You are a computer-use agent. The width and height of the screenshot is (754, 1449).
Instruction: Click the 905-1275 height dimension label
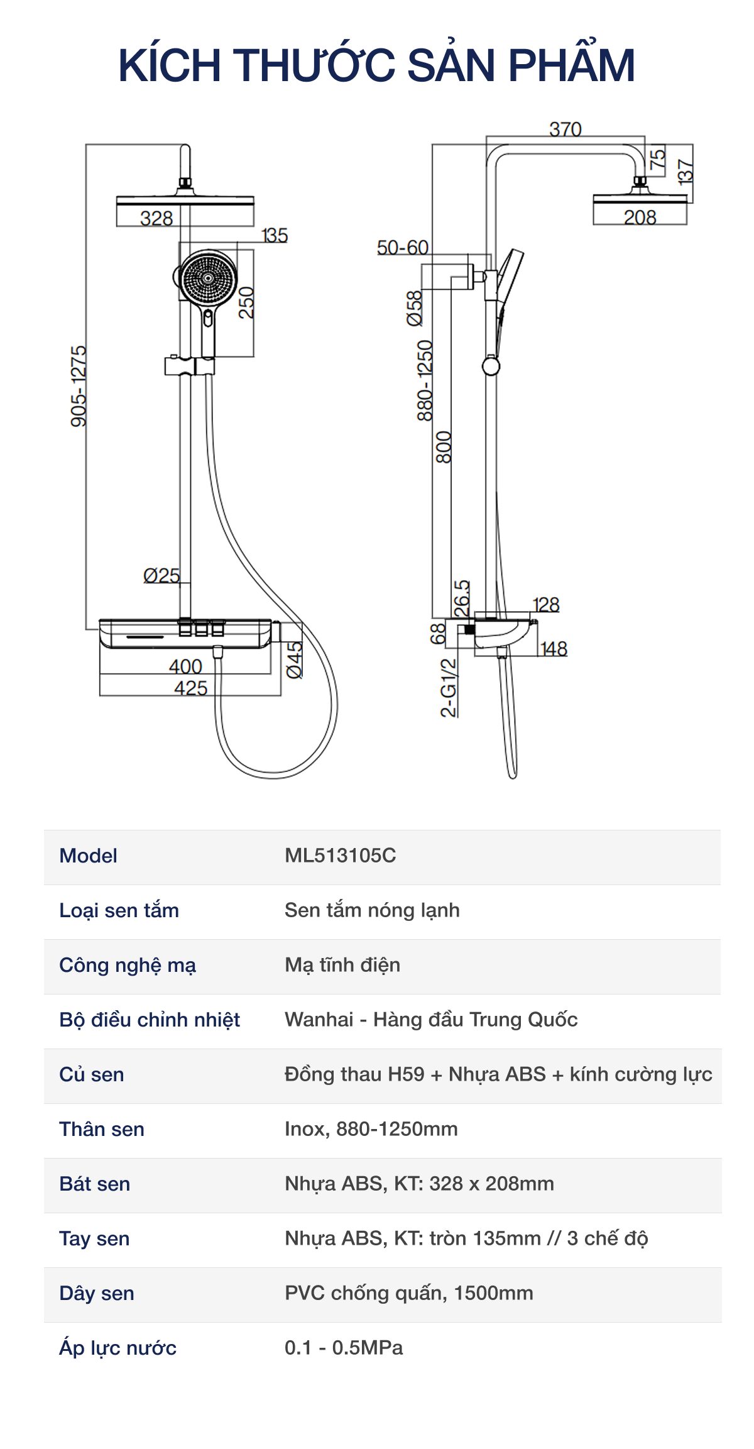point(79,386)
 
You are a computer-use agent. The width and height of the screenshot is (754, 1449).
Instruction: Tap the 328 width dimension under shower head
point(156,218)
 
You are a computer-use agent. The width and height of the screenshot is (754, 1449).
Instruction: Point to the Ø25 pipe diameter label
point(161,575)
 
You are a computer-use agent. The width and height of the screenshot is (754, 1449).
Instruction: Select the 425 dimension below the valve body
point(190,688)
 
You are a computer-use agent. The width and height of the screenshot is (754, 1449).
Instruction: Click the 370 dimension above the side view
point(565,129)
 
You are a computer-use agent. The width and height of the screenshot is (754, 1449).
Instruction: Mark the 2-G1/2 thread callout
point(449,688)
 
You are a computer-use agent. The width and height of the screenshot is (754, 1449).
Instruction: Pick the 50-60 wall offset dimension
point(403,248)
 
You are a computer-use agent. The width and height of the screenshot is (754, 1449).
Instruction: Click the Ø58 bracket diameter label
point(415,308)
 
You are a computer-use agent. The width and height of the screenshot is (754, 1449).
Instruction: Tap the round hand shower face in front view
point(207,277)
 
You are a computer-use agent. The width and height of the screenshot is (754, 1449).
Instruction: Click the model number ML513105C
point(340,856)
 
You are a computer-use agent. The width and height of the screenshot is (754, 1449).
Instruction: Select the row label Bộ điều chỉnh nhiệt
point(150,1020)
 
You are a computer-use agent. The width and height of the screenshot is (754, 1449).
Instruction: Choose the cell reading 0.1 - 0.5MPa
point(344,1348)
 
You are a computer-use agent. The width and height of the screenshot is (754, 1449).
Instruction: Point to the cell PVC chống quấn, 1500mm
point(408,1293)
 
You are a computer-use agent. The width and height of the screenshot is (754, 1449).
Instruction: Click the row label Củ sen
point(92,1074)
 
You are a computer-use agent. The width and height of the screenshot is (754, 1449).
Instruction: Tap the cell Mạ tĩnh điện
point(342,965)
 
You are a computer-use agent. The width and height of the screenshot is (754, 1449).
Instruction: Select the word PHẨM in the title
point(571,65)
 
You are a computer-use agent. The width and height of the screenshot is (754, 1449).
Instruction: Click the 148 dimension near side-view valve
point(554,648)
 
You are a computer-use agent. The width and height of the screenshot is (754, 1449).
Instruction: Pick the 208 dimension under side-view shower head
point(640,217)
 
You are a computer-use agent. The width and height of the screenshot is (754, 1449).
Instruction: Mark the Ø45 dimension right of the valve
point(294,659)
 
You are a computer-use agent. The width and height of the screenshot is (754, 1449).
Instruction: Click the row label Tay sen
point(94,1238)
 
